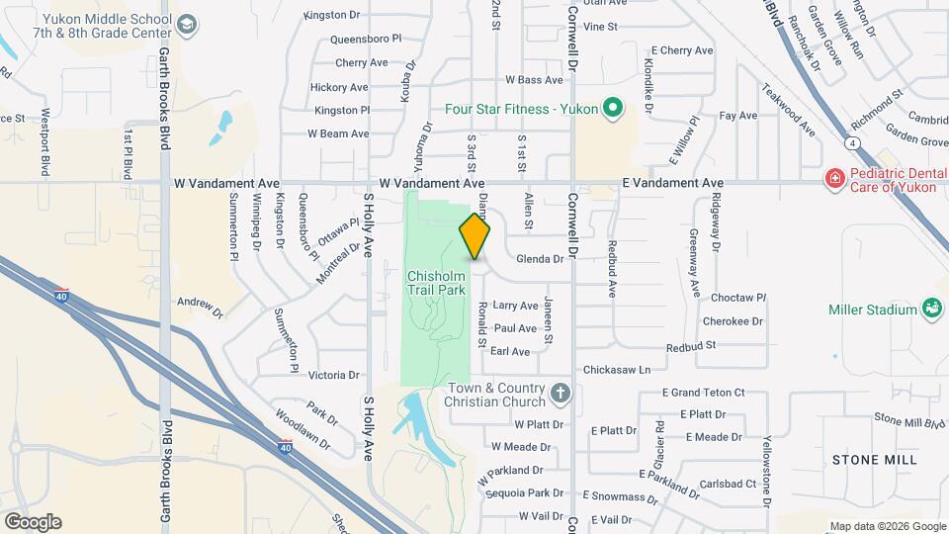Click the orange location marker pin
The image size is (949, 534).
point(474,237)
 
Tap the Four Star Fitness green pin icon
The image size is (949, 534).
point(612,108)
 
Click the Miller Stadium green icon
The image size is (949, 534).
point(930,310)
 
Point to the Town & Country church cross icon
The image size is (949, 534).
point(561,394)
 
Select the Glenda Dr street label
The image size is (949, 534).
point(539,259)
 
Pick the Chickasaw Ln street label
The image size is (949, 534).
point(617,370)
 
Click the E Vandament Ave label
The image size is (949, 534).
point(672,184)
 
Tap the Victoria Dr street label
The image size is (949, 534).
point(334,376)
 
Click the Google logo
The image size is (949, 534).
point(32,522)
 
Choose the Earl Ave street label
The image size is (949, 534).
point(510,351)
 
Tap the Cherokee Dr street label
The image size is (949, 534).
point(733,321)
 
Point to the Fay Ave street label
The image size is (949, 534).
point(737,116)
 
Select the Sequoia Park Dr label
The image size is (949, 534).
point(531,492)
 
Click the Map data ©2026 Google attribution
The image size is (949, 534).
point(887,526)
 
